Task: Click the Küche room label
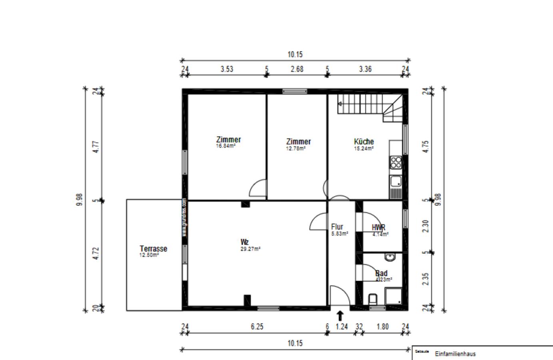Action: coord(363,142)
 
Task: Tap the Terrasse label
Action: coord(153,248)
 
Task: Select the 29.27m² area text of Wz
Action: coord(250,248)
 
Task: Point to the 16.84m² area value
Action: coord(226,146)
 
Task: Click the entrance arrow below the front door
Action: coord(340,316)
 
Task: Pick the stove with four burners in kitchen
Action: coord(395,162)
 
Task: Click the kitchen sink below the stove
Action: coord(395,182)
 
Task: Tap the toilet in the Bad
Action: coord(373,299)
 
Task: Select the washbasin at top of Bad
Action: coord(390,257)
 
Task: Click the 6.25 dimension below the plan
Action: coord(257,326)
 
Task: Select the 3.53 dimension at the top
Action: coord(226,69)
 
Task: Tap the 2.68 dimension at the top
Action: coord(297,69)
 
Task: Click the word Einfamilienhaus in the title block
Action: coord(455,354)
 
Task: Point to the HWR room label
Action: coord(378,227)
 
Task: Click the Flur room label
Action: coord(337,227)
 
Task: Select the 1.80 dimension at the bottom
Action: coord(382,326)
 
